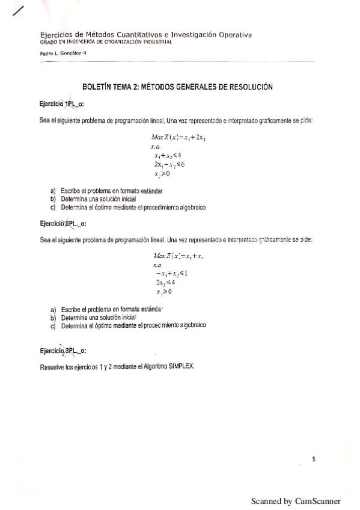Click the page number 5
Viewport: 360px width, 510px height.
tap(314, 459)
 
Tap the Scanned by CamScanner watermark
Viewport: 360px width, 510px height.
tap(296, 501)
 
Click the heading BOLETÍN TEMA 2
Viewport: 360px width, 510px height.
tap(177, 87)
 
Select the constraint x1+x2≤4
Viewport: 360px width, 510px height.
tap(168, 155)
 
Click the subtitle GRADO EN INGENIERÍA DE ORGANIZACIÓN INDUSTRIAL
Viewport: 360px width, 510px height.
tap(106, 42)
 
